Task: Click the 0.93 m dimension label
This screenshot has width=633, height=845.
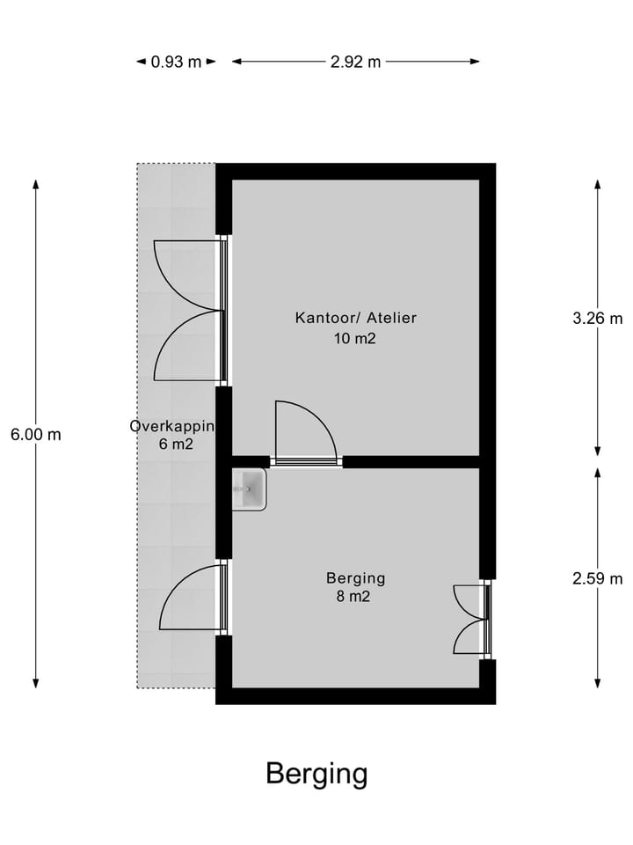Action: (176, 62)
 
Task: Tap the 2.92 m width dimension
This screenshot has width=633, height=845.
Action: (356, 62)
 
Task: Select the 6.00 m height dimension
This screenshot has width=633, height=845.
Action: (36, 434)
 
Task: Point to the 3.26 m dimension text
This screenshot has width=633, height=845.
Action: (597, 319)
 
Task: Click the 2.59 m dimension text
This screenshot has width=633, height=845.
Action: (597, 578)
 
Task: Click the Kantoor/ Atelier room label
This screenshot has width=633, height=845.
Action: (356, 318)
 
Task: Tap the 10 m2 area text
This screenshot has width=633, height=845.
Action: (356, 338)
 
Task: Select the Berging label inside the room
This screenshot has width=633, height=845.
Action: (356, 578)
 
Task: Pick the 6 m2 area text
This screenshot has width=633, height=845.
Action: (176, 445)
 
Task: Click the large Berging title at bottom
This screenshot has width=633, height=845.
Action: (316, 774)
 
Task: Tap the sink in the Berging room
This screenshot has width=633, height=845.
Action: (249, 489)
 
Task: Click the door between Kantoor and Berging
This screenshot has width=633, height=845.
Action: (305, 433)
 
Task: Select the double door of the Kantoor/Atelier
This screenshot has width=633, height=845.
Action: (189, 311)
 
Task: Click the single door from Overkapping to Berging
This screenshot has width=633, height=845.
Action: (193, 598)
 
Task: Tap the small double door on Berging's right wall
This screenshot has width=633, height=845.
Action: (471, 619)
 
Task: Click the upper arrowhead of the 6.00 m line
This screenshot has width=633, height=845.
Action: (36, 183)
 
